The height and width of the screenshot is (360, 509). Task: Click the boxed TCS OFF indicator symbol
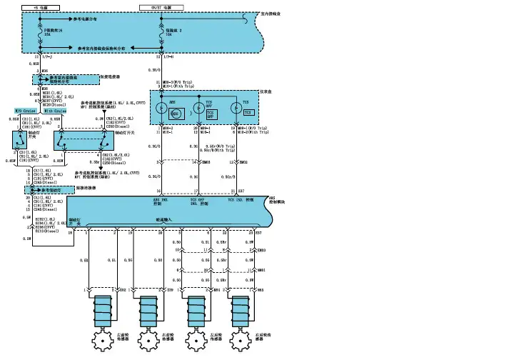(x=210, y=114)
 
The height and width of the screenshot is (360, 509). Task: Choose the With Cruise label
(x=56, y=111)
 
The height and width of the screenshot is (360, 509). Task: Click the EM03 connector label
(x=261, y=250)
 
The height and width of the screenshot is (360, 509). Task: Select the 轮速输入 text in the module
(x=164, y=221)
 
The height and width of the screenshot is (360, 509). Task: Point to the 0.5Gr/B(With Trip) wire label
(x=211, y=149)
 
